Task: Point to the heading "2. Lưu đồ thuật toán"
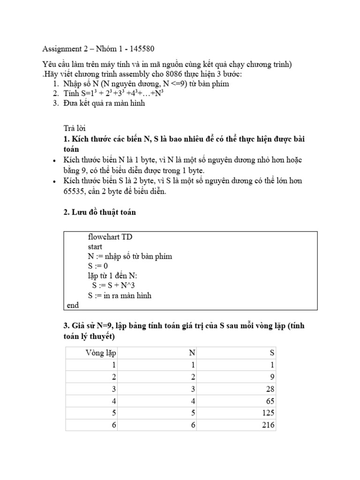point(99,212)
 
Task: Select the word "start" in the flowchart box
point(95,247)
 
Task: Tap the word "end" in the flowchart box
point(73,306)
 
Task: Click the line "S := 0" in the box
point(97,266)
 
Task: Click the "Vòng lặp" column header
point(101,352)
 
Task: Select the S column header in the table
point(272,352)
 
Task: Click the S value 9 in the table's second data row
point(272,377)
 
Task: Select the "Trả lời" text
point(75,128)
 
